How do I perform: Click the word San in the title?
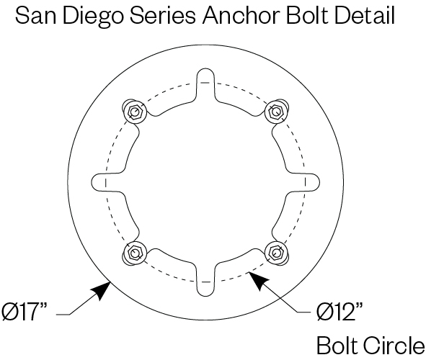pyautogui.click(x=35, y=15)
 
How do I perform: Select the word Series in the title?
pyautogui.click(x=162, y=15)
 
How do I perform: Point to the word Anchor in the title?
pyautogui.click(x=241, y=15)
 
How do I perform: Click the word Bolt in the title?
pyautogui.click(x=307, y=15)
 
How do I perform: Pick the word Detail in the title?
pyautogui.click(x=365, y=15)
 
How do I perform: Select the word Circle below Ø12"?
pyautogui.click(x=394, y=346)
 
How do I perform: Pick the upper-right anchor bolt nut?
pyautogui.click(x=276, y=112)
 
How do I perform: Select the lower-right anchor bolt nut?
pyautogui.click(x=276, y=253)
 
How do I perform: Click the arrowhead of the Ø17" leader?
pyautogui.click(x=102, y=289)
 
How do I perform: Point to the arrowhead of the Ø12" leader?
pyautogui.click(x=258, y=281)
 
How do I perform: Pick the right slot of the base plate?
pyautogui.click(x=303, y=182)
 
